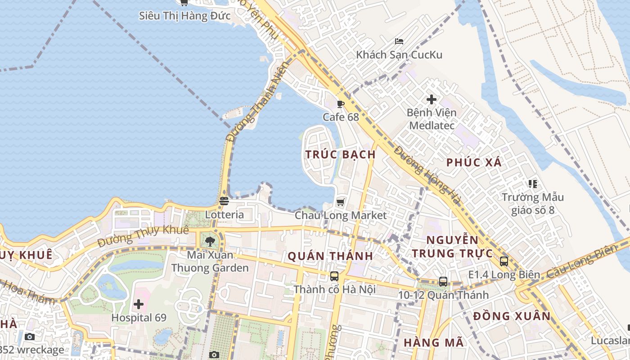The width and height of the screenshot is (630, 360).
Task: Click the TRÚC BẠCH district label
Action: tap(340, 154)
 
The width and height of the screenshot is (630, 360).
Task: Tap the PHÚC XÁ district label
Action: tap(474, 162)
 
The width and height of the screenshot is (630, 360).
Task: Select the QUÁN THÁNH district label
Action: tap(330, 256)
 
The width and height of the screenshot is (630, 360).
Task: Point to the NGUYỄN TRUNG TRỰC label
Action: tap(452, 247)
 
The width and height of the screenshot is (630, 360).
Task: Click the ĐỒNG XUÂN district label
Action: tap(512, 316)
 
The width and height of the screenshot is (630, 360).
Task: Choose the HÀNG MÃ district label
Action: tap(433, 342)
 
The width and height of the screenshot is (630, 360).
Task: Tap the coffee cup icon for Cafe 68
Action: tap(341, 104)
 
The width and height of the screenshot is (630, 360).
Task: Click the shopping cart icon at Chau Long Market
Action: tap(341, 202)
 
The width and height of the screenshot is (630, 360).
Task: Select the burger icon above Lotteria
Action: tap(224, 201)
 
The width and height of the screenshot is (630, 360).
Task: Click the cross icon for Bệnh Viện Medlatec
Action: tap(432, 99)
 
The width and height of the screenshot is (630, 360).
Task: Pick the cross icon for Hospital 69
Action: tap(139, 304)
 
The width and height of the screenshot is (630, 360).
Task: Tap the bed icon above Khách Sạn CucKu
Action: tap(399, 41)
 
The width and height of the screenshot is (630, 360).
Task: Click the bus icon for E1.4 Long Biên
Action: tap(504, 261)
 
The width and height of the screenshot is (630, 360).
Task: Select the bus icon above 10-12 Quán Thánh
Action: tap(443, 282)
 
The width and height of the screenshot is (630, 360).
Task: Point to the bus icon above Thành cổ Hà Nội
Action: tap(334, 276)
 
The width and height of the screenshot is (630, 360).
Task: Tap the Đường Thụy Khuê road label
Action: tap(143, 236)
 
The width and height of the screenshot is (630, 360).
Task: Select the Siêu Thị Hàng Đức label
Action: tap(184, 16)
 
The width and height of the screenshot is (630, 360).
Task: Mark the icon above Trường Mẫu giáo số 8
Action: tap(533, 184)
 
